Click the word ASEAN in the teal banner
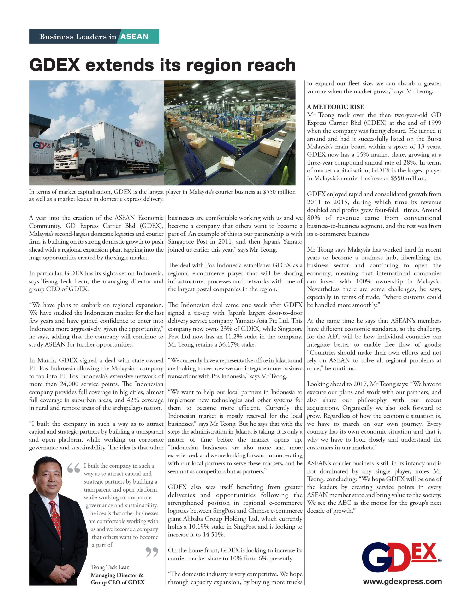tap(134, 37)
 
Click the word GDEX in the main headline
tap(55, 65)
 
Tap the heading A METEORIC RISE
tap(335, 107)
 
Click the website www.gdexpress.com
tap(402, 581)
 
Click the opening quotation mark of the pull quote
tap(73, 468)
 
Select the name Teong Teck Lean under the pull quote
tap(110, 567)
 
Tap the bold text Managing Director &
tap(117, 575)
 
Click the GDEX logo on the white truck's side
tap(139, 143)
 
